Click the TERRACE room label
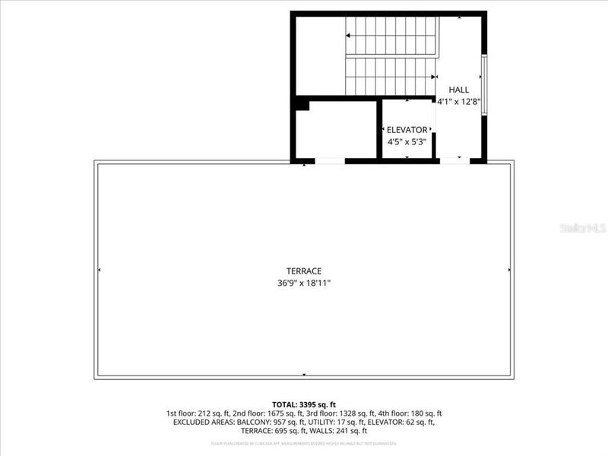coord(304,271)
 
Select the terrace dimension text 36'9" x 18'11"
coord(304,283)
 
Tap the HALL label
coord(458,90)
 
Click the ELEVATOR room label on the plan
coord(407,130)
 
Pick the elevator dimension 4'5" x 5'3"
coord(407,141)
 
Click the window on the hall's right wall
coord(484,83)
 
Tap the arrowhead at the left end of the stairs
coord(347,35)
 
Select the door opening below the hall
coord(455,160)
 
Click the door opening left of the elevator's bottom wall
coord(329,160)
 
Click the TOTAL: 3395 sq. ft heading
coord(304,404)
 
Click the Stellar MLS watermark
coord(583,227)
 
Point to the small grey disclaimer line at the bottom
coord(304,443)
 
